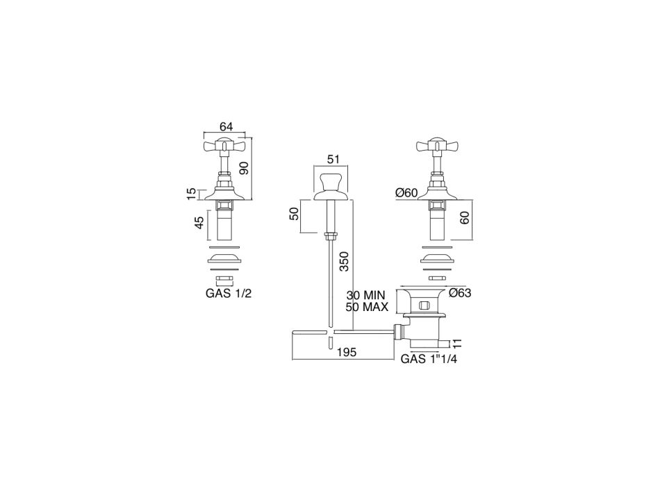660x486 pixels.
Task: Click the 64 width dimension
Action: coord(226,126)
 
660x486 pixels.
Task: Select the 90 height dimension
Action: coord(244,167)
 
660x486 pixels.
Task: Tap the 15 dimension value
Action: coord(192,194)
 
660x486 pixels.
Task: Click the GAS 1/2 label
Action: coord(229,293)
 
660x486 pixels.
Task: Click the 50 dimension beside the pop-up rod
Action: coord(295,214)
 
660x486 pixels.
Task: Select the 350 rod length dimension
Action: coord(345,261)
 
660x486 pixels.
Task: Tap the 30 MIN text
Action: coord(365,295)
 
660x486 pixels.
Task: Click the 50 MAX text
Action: coord(367,307)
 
